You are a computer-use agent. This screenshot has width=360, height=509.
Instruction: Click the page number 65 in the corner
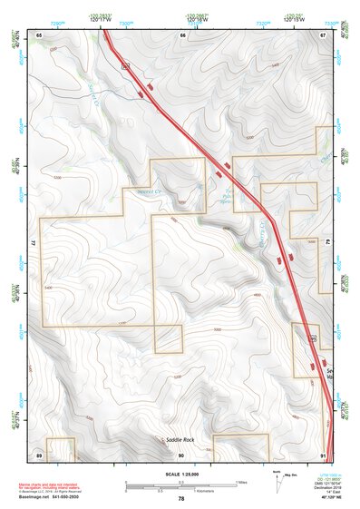39,34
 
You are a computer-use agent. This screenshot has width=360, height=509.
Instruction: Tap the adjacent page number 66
182,34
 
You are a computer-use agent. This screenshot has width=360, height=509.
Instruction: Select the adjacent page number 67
323,34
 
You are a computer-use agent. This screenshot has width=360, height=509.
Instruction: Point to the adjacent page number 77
34,243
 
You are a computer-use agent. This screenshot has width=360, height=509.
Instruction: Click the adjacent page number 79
327,243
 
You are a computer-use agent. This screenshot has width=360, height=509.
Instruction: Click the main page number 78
181,498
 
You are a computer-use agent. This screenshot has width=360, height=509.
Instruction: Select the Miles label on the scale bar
240,481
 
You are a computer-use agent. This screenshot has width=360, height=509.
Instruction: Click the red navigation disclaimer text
50,486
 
